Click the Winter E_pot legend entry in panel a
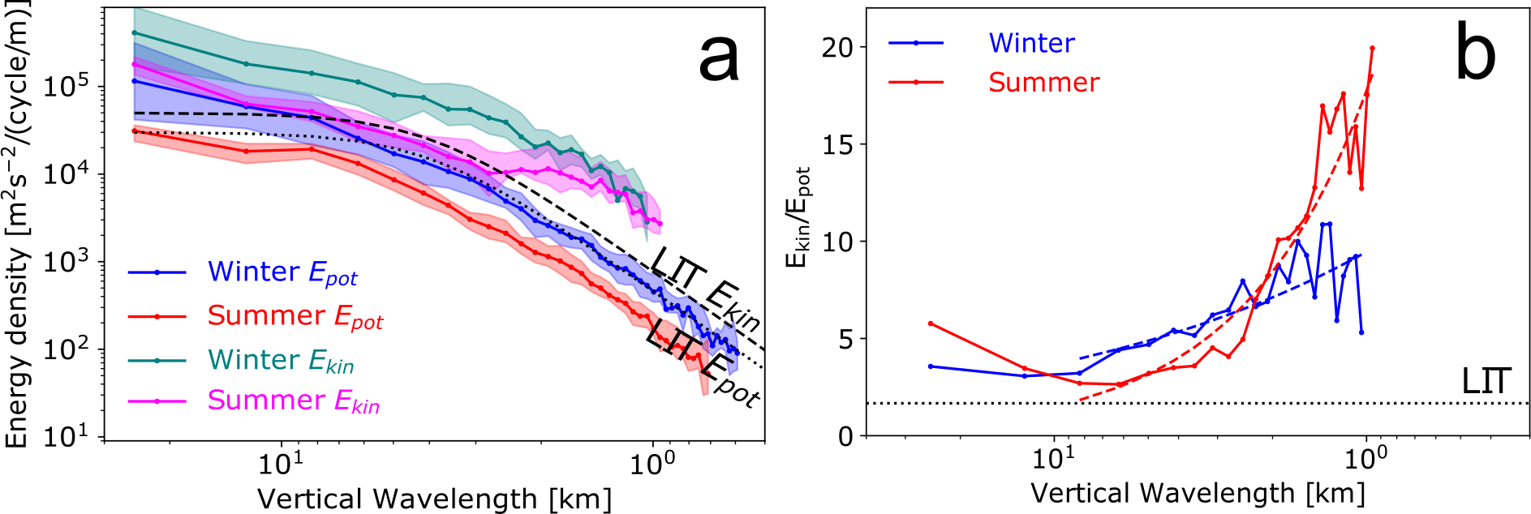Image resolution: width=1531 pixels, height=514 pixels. tap(282, 272)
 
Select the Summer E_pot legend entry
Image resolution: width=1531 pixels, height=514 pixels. tap(294, 316)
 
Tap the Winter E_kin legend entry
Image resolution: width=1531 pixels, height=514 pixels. tap(280, 360)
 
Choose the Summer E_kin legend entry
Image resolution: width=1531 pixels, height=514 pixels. tap(292, 400)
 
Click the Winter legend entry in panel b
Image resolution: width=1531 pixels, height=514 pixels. tap(1030, 43)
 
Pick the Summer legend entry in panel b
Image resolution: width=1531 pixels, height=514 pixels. tap(1043, 82)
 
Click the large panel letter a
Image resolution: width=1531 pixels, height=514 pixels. tap(719, 59)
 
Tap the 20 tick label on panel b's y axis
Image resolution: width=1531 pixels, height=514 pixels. tap(837, 47)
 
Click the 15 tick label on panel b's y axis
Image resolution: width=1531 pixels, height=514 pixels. tap(837, 144)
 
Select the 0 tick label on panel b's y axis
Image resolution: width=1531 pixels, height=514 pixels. tap(846, 436)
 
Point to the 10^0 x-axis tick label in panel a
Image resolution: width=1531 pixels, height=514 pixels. tap(652, 463)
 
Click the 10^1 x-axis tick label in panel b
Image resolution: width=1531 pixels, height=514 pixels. tap(1054, 459)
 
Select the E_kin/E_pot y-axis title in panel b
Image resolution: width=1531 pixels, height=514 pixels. tap(798, 217)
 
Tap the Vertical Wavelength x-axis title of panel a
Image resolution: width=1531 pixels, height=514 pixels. tap(434, 498)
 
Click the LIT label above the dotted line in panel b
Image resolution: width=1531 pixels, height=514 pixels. tap(1486, 381)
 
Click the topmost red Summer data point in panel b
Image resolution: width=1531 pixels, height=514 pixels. tap(1372, 48)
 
